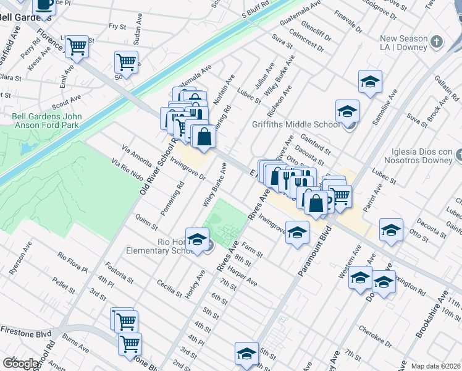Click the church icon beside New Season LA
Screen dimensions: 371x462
(437, 43)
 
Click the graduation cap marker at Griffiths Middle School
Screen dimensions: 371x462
(347, 111)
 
